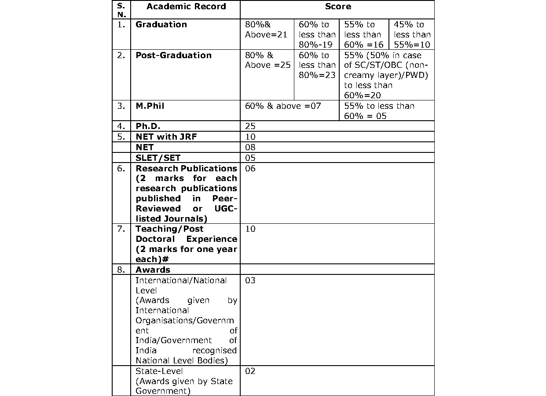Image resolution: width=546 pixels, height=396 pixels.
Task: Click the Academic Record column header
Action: [186, 7]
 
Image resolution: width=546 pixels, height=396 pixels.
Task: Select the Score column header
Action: [338, 7]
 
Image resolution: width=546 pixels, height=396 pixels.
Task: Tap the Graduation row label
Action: [161, 25]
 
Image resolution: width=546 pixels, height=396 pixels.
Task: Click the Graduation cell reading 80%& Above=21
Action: [266, 30]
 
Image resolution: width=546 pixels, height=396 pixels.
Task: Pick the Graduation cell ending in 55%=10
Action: [412, 34]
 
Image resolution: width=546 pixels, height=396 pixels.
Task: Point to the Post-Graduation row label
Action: [173, 56]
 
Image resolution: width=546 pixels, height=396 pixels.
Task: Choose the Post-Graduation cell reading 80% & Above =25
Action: [268, 60]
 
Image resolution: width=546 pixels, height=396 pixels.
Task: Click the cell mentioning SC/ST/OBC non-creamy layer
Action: [386, 75]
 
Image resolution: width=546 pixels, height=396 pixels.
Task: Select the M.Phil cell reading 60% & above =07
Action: [283, 106]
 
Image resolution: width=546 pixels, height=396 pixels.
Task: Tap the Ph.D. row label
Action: [148, 126]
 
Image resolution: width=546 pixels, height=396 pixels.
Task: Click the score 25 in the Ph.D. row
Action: [250, 126]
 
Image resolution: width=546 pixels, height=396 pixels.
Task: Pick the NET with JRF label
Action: [166, 137]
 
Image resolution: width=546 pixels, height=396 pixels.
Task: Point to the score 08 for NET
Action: [250, 147]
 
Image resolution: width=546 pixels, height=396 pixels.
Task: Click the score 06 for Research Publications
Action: [250, 168]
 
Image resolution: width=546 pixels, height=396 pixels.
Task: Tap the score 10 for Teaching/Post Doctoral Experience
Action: [250, 229]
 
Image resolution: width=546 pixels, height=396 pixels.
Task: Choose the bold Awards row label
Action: [153, 270]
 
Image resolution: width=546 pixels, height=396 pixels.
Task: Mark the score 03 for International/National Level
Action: [250, 281]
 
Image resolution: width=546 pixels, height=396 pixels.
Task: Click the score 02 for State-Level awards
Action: [250, 371]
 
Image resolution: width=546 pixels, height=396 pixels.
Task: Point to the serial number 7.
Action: [121, 229]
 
